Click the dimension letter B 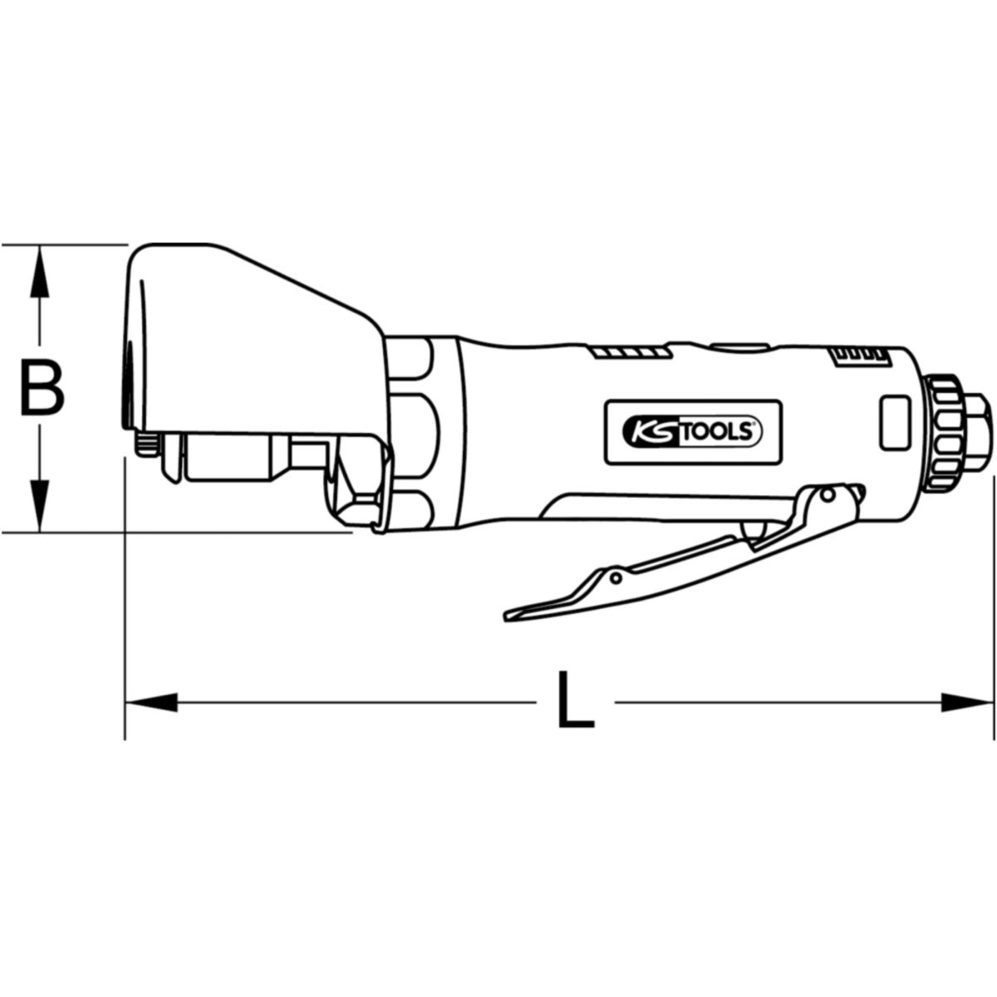point(42,389)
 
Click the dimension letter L point(575,700)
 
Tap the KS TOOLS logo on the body point(693,432)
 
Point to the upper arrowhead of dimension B point(40,271)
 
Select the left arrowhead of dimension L point(151,702)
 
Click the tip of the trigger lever point(506,617)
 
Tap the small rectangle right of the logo point(896,422)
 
